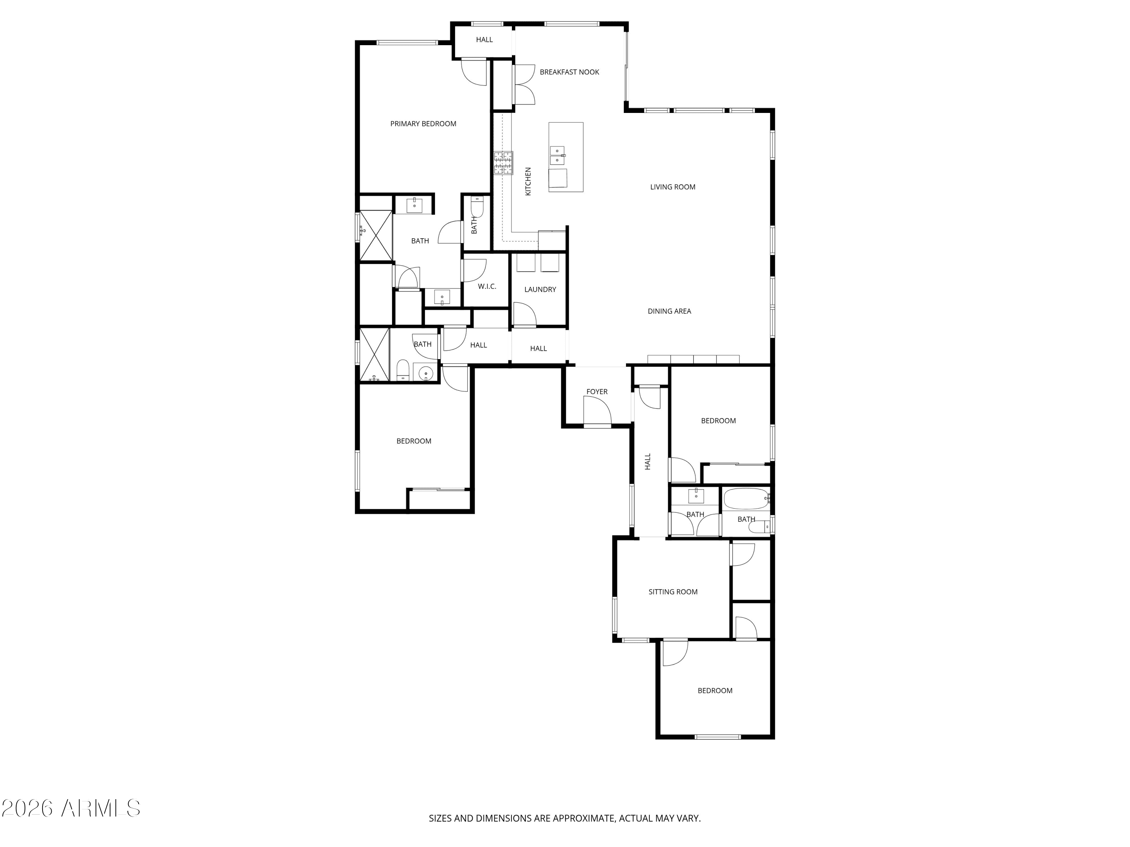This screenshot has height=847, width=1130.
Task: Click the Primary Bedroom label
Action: (423, 123)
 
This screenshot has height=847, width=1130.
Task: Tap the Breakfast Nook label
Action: (569, 72)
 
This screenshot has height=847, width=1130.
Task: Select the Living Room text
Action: (672, 187)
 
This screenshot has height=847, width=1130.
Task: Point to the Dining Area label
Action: (669, 311)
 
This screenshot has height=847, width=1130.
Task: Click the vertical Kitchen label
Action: (528, 181)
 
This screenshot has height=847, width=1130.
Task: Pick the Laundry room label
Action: (540, 289)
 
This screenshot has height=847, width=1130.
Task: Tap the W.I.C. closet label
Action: (487, 286)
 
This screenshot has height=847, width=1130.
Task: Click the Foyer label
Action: (597, 392)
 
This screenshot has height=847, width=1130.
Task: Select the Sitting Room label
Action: (673, 592)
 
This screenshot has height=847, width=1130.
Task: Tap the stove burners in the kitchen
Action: (503, 163)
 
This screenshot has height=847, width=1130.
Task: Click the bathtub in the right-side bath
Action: (746, 499)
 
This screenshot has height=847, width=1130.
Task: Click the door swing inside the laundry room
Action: (525, 314)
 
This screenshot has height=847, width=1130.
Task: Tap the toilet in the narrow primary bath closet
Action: (476, 206)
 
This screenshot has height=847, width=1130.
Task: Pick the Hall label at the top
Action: (484, 39)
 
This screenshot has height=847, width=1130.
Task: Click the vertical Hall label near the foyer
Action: (648, 462)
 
